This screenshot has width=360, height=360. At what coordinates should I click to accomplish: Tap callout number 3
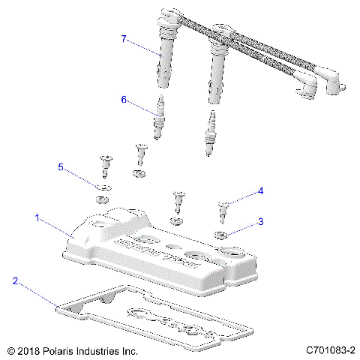tap(260, 221)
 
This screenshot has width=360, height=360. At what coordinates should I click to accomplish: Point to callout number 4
tap(260, 191)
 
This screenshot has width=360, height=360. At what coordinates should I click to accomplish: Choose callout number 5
tap(62, 166)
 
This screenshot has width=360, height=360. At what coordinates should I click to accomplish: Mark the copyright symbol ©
tap(10, 349)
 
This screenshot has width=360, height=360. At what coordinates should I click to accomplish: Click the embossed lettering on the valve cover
tap(157, 255)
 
